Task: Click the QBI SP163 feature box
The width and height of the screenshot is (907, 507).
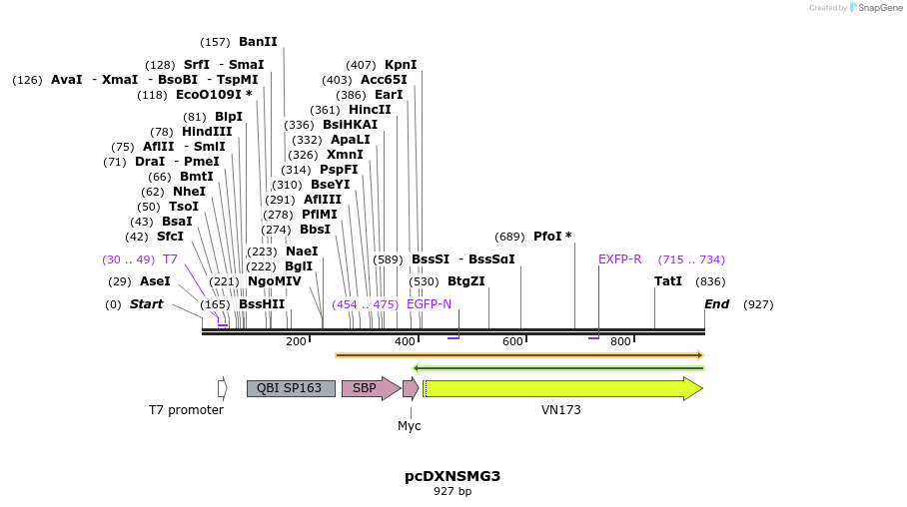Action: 291,388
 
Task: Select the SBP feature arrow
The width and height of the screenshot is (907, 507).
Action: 368,388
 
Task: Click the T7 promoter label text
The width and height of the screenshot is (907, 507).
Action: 186,410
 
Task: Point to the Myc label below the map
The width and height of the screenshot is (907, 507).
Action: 410,426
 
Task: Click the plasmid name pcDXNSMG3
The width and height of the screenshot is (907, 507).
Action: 453,476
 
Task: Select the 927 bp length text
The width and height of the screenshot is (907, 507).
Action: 453,492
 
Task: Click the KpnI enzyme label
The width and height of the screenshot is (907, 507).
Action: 401,65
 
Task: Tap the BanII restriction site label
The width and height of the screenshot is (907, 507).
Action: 258,42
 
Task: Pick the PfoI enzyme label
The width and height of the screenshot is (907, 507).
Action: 552,237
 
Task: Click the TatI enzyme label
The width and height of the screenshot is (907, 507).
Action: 668,281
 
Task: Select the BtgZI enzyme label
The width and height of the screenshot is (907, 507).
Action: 465,281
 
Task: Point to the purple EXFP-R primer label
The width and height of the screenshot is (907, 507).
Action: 619,259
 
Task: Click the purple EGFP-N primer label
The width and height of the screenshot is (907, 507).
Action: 429,304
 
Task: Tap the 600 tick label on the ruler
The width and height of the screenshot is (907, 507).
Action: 512,341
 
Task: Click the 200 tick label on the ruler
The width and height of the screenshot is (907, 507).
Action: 296,341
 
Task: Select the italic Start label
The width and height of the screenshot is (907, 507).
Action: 146,304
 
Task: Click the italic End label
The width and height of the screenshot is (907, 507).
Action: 717,304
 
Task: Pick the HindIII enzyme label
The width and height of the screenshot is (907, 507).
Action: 207,132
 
